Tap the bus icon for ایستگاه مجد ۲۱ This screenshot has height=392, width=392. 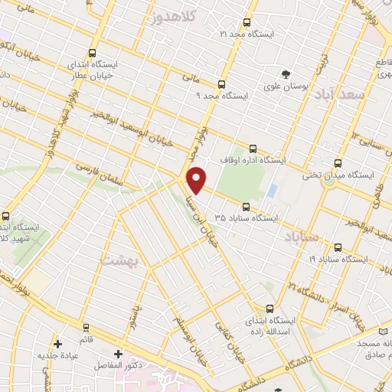247,23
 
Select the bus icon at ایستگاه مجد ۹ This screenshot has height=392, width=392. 221,84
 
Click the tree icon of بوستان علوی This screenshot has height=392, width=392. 286,74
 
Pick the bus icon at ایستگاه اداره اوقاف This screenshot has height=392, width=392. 253,149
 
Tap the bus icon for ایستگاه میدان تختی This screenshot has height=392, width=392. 338,163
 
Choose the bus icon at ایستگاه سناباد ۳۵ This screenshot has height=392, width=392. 246,206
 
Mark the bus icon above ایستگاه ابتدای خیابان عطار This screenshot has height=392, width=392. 92,54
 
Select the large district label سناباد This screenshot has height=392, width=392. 299,235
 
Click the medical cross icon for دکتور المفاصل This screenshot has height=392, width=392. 118,354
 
